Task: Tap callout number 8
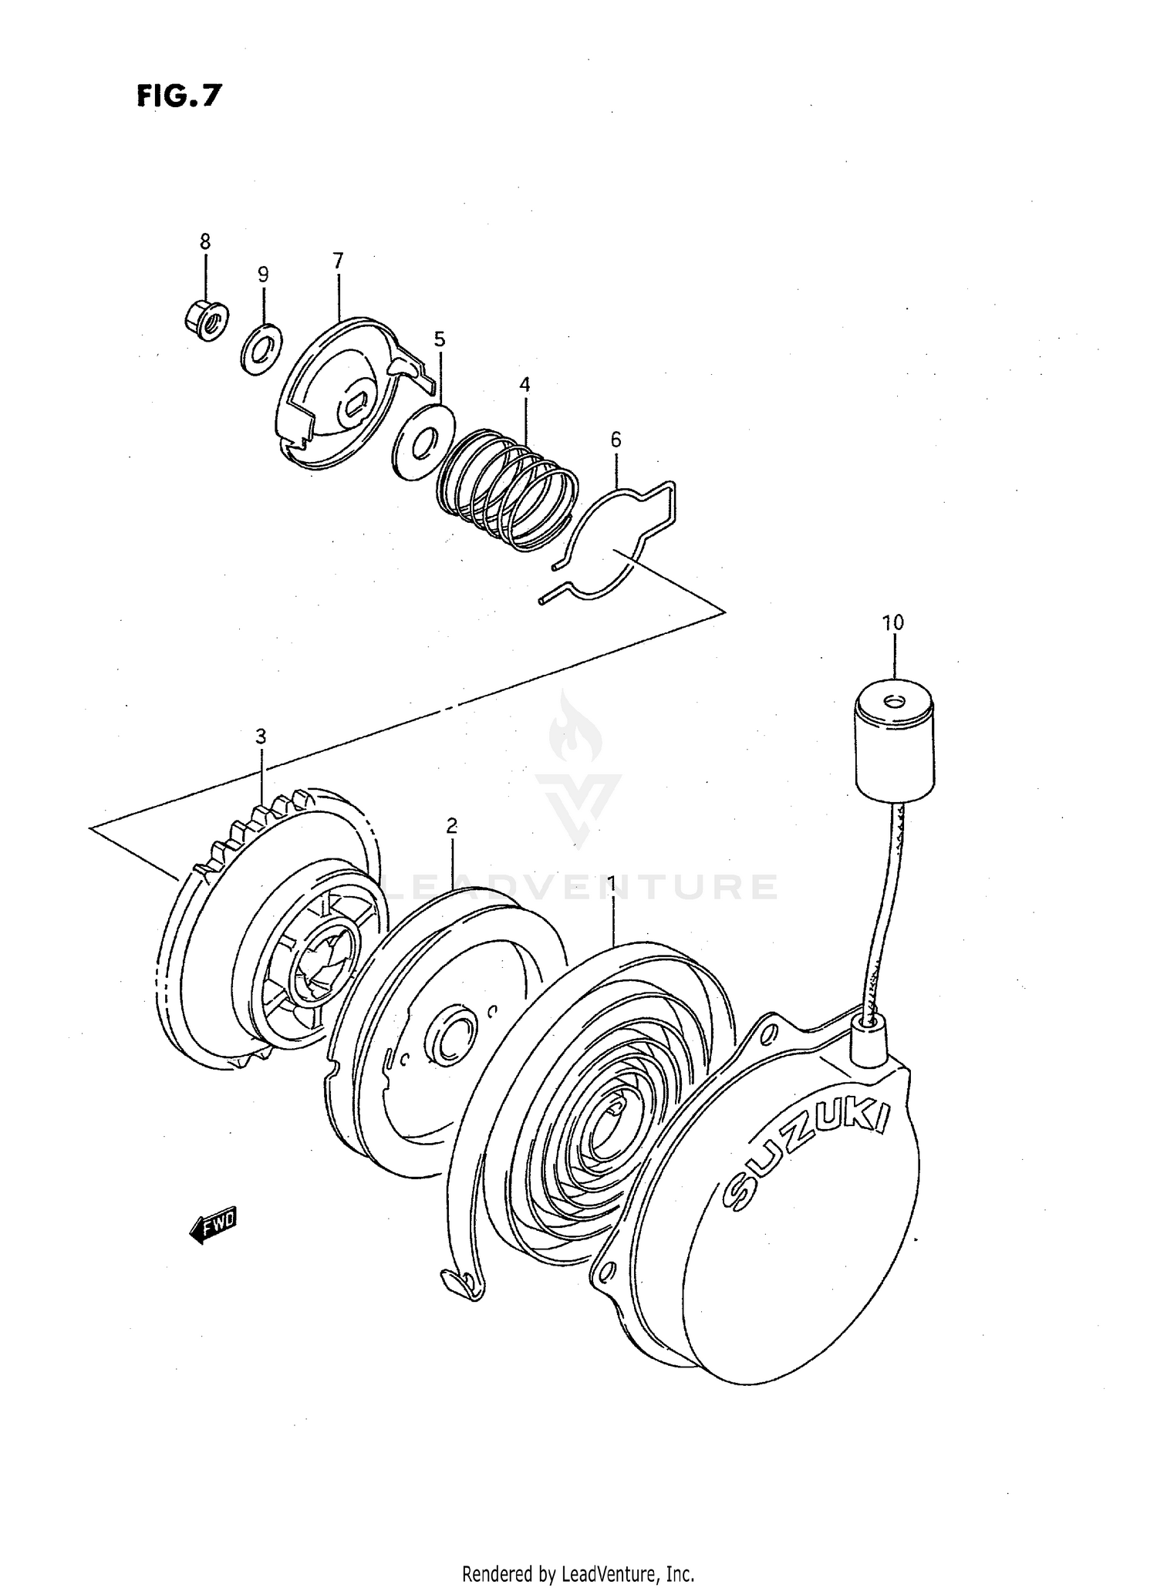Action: coord(204,241)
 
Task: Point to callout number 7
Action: coord(338,261)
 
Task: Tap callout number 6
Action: coord(615,440)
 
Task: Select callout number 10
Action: coord(892,622)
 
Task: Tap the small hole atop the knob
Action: coord(894,701)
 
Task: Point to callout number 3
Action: coord(261,737)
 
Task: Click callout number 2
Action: coord(451,826)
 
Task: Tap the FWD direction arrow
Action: coord(213,1227)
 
